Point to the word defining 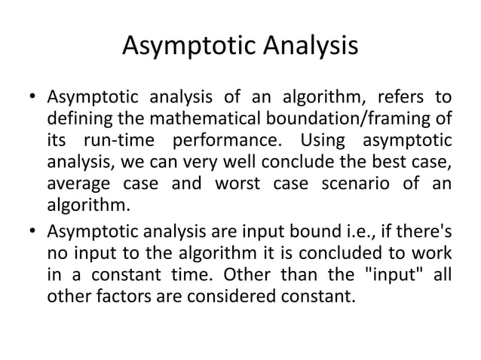pos(75,119)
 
